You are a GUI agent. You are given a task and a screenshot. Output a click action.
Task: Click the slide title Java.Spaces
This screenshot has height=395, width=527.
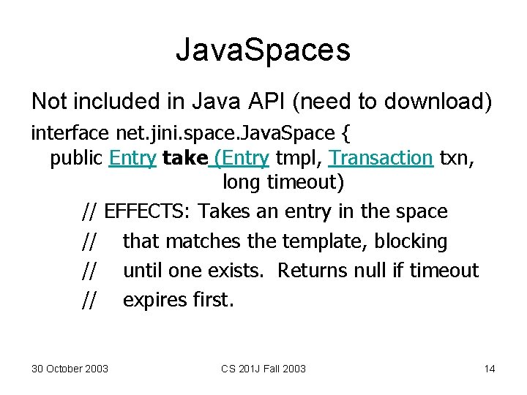[263, 50]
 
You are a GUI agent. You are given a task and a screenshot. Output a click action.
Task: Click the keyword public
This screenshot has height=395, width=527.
[76, 158]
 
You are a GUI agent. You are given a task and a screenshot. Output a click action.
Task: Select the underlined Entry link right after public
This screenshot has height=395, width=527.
[132, 158]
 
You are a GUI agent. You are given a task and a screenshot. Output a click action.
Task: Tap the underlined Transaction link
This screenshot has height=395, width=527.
[381, 158]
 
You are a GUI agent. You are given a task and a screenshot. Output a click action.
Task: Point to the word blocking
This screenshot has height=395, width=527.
[411, 241]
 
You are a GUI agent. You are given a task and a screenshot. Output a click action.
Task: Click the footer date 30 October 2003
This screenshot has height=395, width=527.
[70, 369]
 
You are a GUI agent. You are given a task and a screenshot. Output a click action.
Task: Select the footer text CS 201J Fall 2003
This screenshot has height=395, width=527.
[263, 369]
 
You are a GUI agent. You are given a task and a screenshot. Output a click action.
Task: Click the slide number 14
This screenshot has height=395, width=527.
[490, 369]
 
